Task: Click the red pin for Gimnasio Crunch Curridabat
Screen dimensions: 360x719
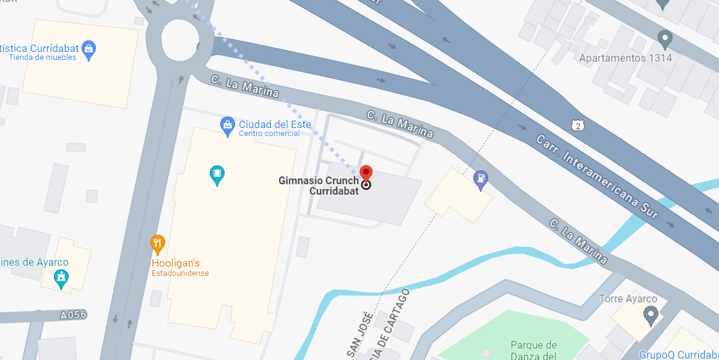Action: pos(366,173)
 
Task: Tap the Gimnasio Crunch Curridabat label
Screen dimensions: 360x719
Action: pos(318,186)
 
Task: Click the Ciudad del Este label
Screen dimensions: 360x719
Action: pos(275,124)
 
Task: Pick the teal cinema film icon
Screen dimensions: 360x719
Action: pos(217,174)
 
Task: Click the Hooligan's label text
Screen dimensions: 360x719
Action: pos(176,263)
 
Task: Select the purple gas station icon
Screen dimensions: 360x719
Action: pos(480,179)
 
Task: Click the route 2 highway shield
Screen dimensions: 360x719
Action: pos(577,125)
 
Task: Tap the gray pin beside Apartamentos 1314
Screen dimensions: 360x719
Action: pos(665,39)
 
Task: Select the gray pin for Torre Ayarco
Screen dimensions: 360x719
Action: pos(650,315)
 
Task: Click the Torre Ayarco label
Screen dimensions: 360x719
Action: pos(628,299)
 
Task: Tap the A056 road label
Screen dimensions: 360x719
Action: pos(73,315)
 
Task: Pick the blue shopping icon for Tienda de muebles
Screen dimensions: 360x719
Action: pos(88,48)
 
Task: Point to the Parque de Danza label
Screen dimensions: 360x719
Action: pos(533,350)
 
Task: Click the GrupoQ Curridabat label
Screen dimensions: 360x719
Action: pos(678,355)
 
